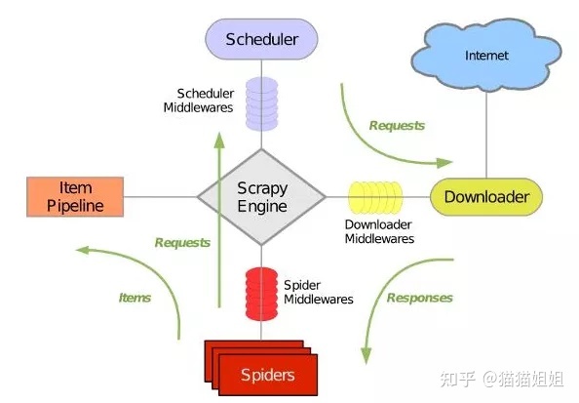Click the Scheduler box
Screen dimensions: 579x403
261,39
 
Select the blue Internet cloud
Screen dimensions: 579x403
486,55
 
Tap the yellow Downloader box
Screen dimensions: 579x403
486,197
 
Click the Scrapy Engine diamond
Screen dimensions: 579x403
261,197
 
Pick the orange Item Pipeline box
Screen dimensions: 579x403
75,197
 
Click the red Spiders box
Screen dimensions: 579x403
261,368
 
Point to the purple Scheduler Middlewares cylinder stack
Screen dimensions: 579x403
262,103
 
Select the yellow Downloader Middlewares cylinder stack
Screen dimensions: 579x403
375,197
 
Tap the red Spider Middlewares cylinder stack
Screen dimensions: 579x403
261,294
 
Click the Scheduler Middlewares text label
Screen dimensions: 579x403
199,101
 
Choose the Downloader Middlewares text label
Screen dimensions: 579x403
379,231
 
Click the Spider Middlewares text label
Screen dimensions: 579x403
319,292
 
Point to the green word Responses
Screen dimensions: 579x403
419,298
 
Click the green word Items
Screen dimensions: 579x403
135,298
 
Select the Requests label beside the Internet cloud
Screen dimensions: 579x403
397,125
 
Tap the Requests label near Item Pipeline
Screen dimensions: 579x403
182,243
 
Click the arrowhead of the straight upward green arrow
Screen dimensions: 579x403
219,141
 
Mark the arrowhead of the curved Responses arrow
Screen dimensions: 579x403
366,356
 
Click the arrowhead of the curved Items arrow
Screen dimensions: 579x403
83,251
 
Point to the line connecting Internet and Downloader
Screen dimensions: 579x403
486,135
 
